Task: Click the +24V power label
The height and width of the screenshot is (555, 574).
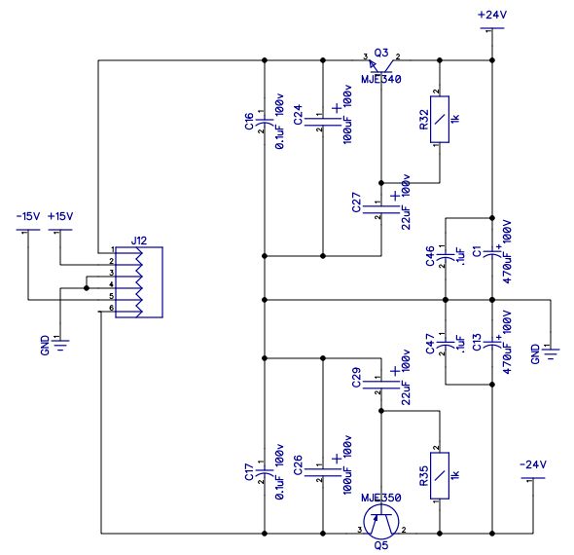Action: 492,15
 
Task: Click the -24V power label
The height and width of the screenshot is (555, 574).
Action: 533,464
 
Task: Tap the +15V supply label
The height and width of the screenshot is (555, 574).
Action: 60,216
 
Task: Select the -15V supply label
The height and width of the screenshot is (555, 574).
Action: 28,216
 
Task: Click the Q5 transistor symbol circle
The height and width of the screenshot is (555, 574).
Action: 381,522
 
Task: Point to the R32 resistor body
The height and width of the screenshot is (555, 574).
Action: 440,120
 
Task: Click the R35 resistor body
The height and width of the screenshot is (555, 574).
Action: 440,475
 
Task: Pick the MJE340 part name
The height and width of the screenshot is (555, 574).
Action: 381,79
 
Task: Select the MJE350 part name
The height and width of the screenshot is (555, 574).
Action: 381,498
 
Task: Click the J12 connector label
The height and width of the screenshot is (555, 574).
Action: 139,240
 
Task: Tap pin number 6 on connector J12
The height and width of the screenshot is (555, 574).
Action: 111,308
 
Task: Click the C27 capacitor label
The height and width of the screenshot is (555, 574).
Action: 356,203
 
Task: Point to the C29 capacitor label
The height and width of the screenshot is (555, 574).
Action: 356,378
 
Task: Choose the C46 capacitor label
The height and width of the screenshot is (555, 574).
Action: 430,256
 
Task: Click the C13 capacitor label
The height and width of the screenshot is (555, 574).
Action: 477,342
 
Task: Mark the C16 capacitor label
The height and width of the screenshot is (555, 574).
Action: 249,121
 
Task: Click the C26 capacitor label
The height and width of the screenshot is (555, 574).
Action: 298,465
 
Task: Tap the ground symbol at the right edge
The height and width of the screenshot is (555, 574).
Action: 551,352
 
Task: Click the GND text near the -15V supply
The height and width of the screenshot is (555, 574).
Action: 45,346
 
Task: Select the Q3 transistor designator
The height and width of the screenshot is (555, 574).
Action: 381,54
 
